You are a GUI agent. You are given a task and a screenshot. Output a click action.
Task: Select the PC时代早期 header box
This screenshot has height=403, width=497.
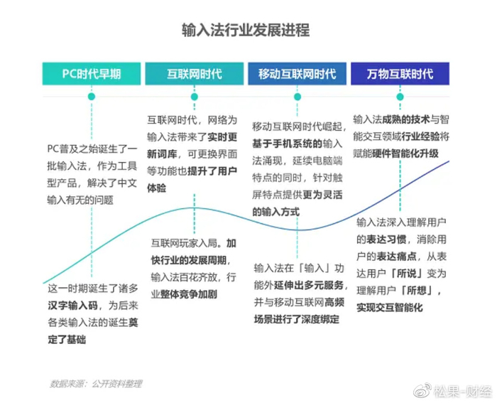click(x=91, y=74)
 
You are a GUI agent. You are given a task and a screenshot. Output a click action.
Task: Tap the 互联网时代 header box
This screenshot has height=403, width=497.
click(x=194, y=74)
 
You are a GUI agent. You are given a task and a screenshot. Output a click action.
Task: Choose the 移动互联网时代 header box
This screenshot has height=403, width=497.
click(x=297, y=74)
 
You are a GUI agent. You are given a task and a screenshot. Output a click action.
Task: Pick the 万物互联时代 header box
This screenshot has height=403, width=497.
click(x=400, y=74)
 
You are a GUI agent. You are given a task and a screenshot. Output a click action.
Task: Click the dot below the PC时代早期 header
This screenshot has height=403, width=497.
click(x=91, y=95)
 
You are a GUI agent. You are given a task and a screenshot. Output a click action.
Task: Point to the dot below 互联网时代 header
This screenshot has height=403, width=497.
click(x=194, y=95)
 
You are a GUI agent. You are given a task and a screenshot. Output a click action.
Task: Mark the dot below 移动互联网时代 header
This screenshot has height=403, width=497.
click(x=297, y=95)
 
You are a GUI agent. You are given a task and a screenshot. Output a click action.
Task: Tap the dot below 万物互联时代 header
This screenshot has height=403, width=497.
click(x=400, y=95)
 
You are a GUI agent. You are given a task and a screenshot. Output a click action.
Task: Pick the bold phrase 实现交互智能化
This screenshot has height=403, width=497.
click(x=390, y=308)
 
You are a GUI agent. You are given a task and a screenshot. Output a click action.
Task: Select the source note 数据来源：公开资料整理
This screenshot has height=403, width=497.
click(x=96, y=384)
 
